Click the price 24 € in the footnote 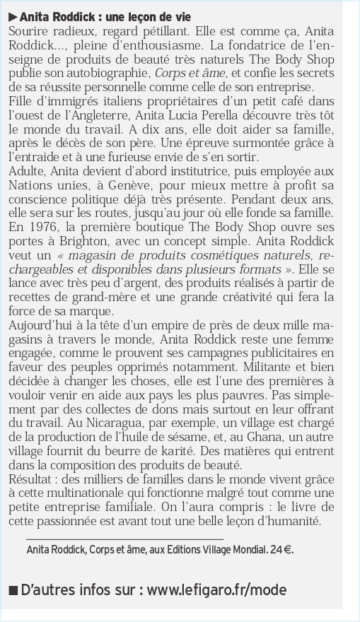[x=281, y=549]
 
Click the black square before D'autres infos [x=12, y=590]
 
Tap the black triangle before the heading [x=12, y=16]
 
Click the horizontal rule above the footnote [x=124, y=539]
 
